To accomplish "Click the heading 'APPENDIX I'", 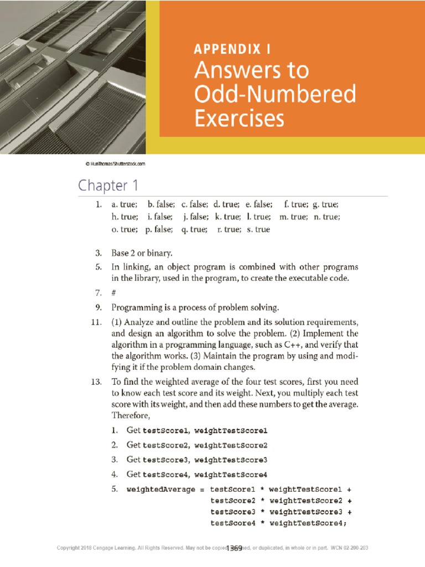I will pyautogui.click(x=232, y=49).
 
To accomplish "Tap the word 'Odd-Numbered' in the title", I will pyautogui.click(x=274, y=95).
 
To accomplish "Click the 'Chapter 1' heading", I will pyautogui.click(x=108, y=184).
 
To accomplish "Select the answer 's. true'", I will pyautogui.click(x=255, y=229).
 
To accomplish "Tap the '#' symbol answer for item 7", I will pyautogui.click(x=113, y=291).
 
